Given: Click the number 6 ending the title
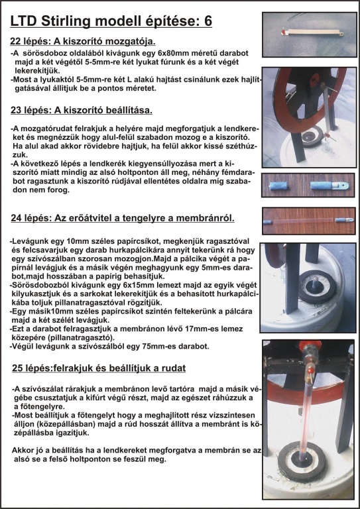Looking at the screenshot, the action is [208, 21].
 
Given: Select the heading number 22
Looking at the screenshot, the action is [15, 42].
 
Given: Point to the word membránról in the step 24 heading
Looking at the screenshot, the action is [205, 219].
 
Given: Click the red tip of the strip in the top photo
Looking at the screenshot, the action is [283, 32].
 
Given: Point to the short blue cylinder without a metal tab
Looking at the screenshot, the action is [278, 186].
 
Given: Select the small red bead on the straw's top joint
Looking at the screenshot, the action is [311, 370].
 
